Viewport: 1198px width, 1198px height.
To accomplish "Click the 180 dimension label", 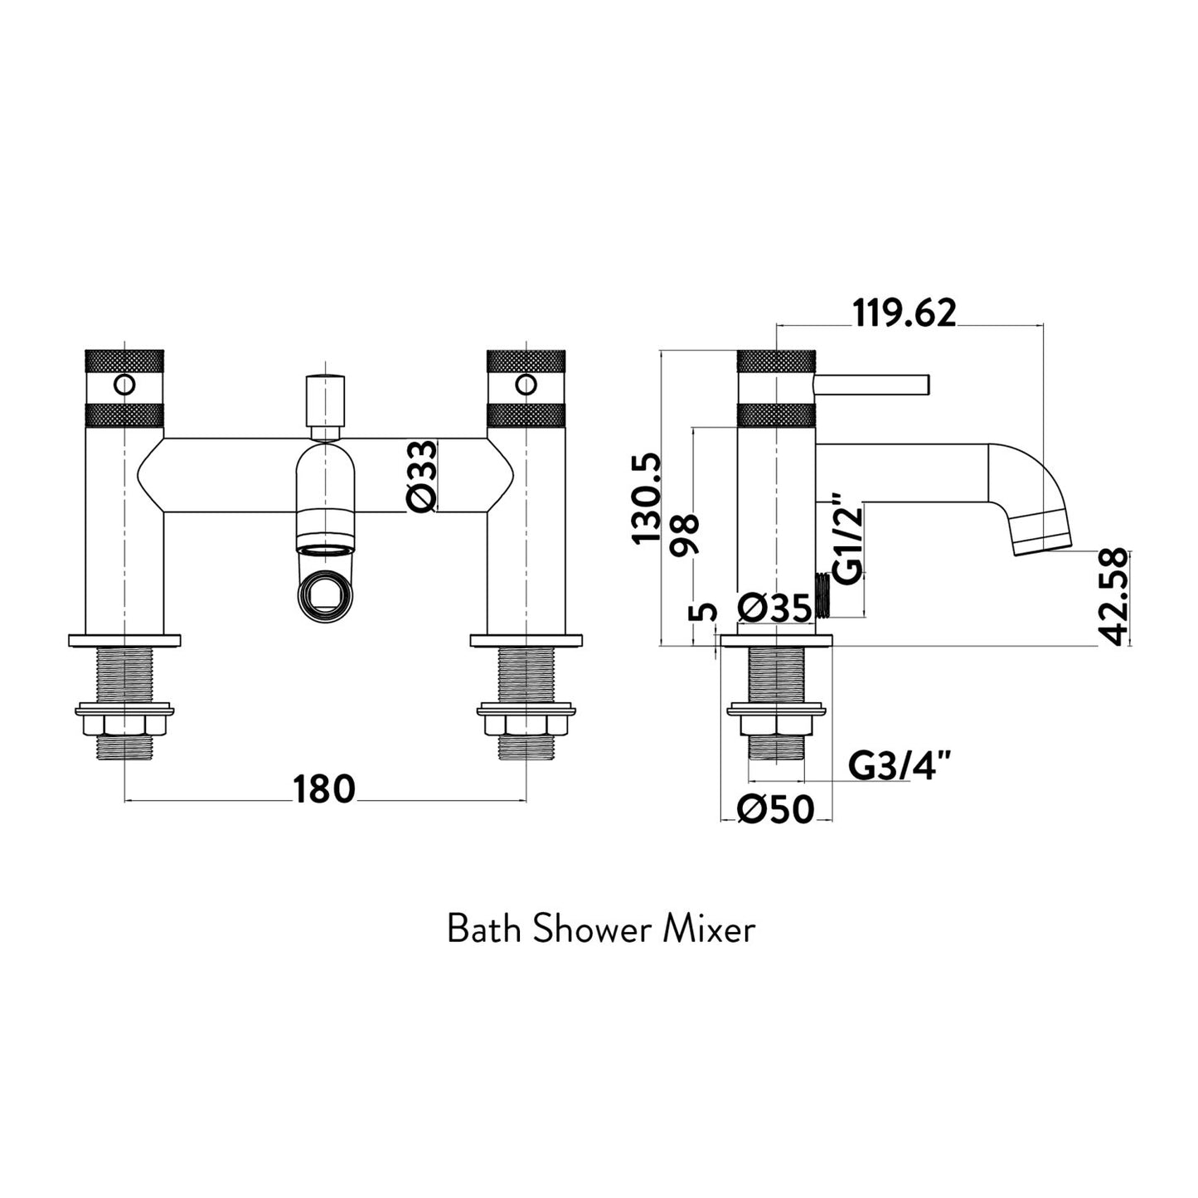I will point(323,789).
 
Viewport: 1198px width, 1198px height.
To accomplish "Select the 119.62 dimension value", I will point(905,313).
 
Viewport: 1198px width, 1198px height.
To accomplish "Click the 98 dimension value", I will point(687,535).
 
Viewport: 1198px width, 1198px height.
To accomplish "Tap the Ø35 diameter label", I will point(774,609).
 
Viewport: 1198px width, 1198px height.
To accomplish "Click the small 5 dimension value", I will point(703,613).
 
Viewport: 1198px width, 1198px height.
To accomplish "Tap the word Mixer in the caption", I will point(709,929).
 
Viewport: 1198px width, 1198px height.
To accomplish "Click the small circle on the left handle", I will point(124,385).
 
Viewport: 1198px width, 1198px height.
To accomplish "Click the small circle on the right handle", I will point(525,385).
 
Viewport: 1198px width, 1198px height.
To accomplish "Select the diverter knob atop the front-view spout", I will point(324,399).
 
